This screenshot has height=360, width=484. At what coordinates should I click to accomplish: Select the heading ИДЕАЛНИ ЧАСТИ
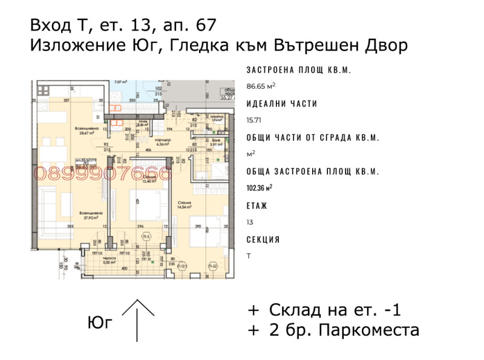pos(282,103)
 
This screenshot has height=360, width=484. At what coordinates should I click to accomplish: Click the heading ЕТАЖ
pos(257,205)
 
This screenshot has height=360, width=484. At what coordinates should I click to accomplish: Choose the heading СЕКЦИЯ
pos(263,240)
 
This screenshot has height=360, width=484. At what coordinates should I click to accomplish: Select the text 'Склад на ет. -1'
pos(335,310)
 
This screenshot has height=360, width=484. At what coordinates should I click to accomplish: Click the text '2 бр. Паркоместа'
pos(344,330)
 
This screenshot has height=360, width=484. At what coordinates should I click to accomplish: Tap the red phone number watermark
pos(103,174)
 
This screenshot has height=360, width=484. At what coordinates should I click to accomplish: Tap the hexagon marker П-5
pos(146,237)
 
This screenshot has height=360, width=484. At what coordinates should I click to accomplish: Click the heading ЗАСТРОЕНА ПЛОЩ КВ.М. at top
pos(299,70)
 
